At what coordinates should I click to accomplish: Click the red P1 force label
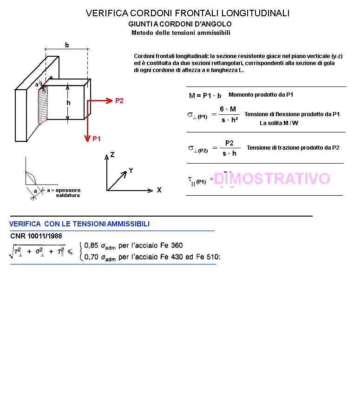point(97,138)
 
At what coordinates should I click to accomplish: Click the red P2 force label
point(119,101)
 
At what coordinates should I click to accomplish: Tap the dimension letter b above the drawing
point(67,45)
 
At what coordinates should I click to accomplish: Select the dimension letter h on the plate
point(68,103)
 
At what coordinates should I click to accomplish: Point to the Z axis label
point(112,155)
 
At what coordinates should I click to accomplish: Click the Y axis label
point(131,171)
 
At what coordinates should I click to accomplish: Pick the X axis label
point(159,190)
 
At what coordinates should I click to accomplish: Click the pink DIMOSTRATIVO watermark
point(272,178)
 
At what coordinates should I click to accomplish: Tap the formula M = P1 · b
point(205,96)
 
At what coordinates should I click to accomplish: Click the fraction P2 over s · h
point(229,148)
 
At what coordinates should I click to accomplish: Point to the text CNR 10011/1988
point(36,236)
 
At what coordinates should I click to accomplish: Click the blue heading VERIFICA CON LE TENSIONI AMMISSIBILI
point(79,224)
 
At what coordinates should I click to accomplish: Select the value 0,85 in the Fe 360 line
point(91,246)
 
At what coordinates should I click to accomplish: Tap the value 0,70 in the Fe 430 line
point(91,257)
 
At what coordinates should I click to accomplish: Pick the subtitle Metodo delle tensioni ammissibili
point(181,33)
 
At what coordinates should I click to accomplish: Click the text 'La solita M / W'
point(279,123)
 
